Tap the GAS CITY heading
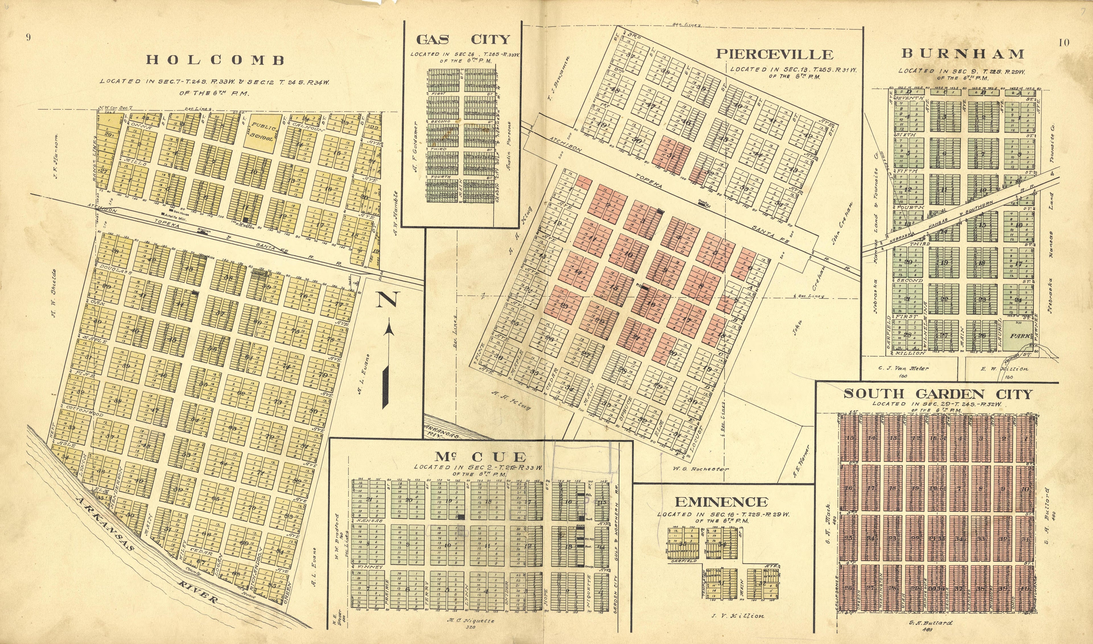click(x=463, y=40)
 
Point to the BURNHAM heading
click(x=963, y=54)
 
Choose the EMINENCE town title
click(x=721, y=502)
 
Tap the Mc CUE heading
click(x=480, y=457)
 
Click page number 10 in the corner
click(x=1063, y=42)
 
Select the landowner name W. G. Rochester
click(x=701, y=469)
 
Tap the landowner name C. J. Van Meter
click(x=903, y=369)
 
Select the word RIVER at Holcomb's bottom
click(x=197, y=592)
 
